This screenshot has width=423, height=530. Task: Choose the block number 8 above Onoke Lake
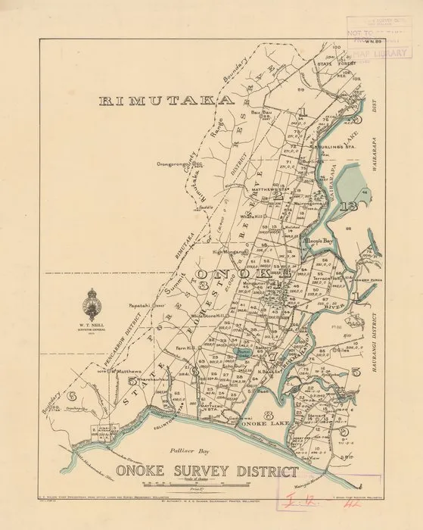(x=269, y=415)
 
